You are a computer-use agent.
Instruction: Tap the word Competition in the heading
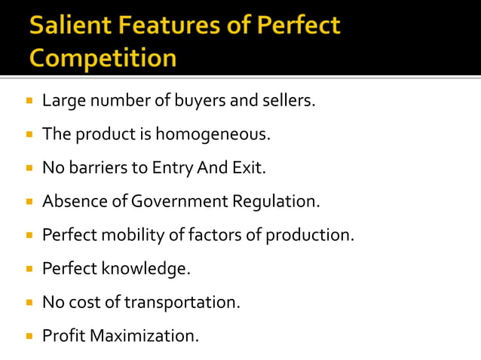point(104,58)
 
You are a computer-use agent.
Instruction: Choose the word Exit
point(249,168)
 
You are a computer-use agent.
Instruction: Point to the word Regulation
point(277,202)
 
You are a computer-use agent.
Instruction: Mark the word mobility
point(129,235)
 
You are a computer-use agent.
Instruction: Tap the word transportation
point(182,302)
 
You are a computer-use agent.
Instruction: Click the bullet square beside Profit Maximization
point(29,336)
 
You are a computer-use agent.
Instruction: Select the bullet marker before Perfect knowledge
point(29,269)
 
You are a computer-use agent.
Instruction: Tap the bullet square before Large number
point(29,101)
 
